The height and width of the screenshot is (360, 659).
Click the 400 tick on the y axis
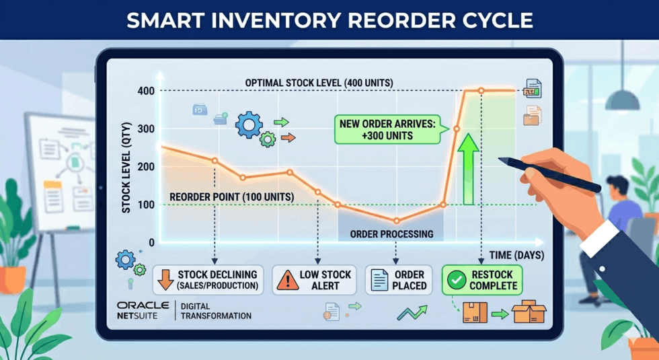coord(146,90)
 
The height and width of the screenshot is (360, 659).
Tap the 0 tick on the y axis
coord(151,243)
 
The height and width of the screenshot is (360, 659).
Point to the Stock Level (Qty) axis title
coord(126,168)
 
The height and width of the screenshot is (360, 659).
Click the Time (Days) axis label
coord(516,255)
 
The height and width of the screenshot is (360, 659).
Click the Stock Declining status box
coord(208,280)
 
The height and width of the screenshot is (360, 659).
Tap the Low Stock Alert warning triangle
coord(288,281)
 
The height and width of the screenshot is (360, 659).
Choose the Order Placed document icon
coord(379,280)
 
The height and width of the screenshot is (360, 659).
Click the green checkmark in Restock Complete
coord(457,280)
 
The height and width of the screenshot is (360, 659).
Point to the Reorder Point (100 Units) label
coord(231,196)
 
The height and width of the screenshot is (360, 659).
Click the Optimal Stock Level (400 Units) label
coord(319,83)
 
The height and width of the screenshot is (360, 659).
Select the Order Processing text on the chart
coord(391,234)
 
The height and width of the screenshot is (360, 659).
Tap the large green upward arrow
coord(468,170)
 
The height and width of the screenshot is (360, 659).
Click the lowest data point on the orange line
coord(396,221)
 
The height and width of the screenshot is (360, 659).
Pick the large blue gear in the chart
coord(249,125)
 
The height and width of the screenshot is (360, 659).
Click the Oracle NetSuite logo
coord(143,310)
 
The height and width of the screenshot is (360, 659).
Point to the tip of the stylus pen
coord(499,159)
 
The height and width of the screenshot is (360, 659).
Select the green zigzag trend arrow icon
coord(412,312)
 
